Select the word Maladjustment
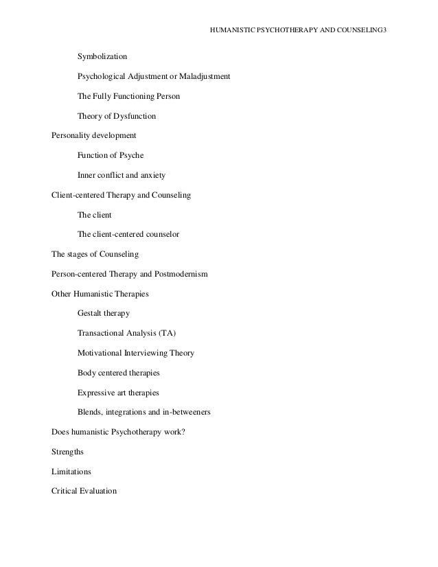coord(205,76)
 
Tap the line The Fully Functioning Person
coord(129,96)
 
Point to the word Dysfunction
coord(135,116)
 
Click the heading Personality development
coord(94,136)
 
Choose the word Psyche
coord(130,156)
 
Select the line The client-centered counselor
coord(128,235)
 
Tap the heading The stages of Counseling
coord(95,255)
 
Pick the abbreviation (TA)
coord(167,334)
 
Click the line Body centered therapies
coord(119,373)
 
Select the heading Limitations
coord(71,472)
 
